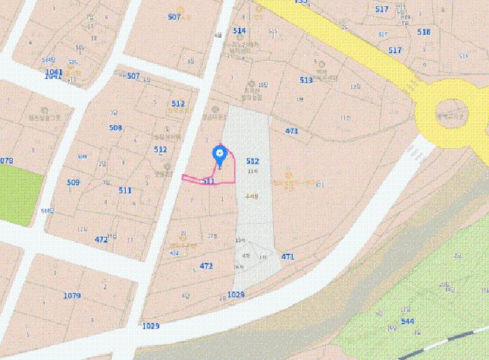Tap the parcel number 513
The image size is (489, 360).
click(306, 80)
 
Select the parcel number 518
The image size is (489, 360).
click(424, 32)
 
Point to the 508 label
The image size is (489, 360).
click(115, 128)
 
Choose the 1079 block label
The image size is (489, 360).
click(72, 296)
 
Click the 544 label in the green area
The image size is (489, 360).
click(407, 322)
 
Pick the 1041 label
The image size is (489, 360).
click(54, 72)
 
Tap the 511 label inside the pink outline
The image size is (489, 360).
click(208, 181)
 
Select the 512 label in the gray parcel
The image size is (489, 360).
click(253, 161)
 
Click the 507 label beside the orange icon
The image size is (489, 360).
click(175, 16)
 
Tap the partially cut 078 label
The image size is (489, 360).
click(6, 161)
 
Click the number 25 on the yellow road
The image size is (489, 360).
click(344, 27)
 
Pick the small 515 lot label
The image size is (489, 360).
click(273, 31)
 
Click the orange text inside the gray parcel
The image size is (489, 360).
click(252, 197)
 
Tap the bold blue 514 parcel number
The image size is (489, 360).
click(240, 31)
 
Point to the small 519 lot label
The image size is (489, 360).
click(462, 55)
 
